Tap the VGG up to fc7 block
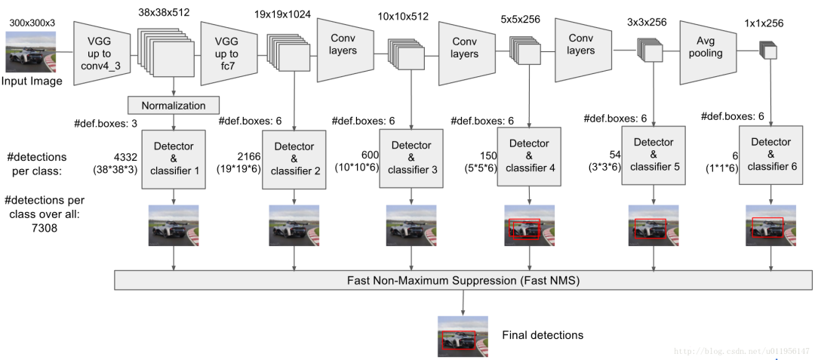point(226,54)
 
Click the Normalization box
point(174,105)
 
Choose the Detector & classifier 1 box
point(174,158)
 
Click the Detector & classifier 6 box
point(771,155)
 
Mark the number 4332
point(125,157)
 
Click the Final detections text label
point(543,335)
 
